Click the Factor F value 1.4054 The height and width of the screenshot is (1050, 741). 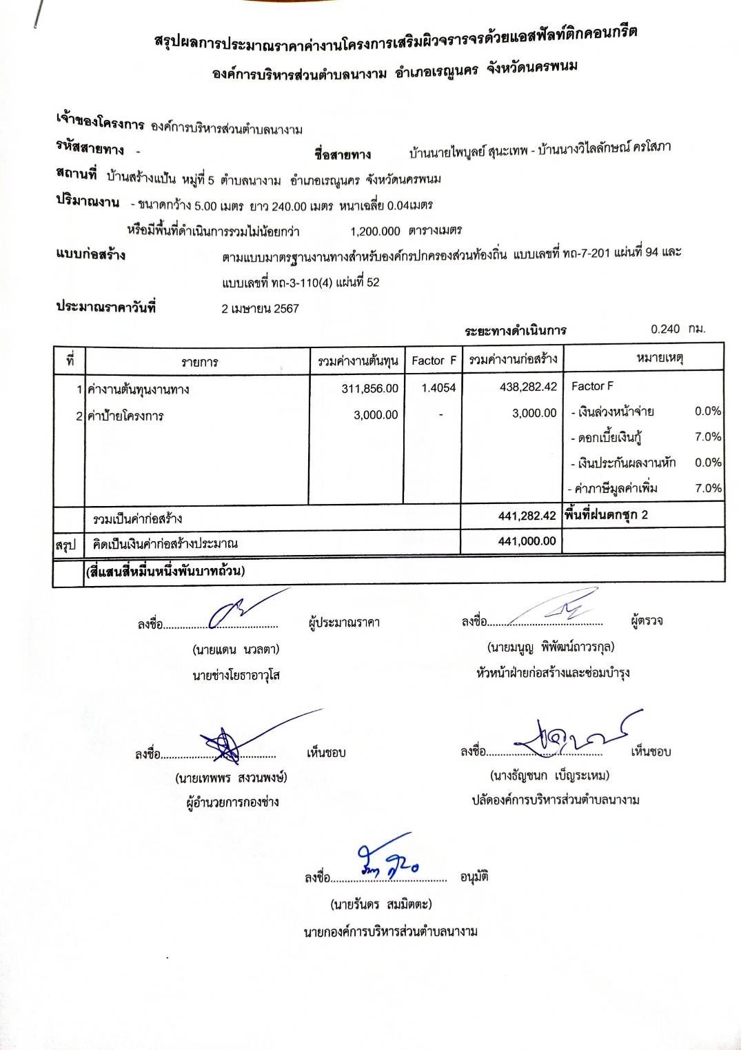[x=438, y=388]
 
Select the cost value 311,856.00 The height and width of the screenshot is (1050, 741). [x=369, y=389]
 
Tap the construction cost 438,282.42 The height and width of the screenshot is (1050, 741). [x=528, y=387]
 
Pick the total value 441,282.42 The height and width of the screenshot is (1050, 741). [x=527, y=516]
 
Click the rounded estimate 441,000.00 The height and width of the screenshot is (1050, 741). [x=527, y=541]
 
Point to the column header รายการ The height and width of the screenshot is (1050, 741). [x=199, y=362]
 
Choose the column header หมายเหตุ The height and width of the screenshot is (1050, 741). [x=660, y=358]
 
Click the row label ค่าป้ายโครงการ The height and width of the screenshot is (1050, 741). [x=125, y=416]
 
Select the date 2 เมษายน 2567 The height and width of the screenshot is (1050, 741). [x=260, y=309]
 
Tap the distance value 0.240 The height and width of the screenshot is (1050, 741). [x=665, y=329]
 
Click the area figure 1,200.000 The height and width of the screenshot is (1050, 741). [x=375, y=231]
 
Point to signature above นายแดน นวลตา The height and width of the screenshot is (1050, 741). [x=238, y=610]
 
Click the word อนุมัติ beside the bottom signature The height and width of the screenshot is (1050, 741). [x=474, y=877]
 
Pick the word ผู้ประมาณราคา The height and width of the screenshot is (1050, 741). [x=344, y=623]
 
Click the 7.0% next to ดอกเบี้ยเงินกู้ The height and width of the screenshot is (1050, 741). [x=708, y=436]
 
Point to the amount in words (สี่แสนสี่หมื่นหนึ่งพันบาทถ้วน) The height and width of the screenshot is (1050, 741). [x=165, y=571]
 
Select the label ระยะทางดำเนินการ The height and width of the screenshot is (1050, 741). [x=516, y=330]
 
